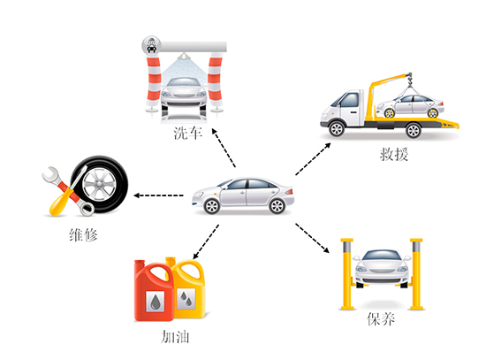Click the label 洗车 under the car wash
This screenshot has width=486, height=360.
188,133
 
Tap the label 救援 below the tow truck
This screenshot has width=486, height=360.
393,154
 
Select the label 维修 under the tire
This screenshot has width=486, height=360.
83,235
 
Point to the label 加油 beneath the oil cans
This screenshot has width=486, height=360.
175,337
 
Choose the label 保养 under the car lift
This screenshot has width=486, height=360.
381,318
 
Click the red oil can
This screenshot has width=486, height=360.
153,291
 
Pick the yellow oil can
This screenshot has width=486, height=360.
190,287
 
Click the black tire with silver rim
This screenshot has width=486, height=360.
100,184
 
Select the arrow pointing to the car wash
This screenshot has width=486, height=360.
224,148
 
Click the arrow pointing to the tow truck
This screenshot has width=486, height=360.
313,159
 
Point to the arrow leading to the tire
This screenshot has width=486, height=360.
158,195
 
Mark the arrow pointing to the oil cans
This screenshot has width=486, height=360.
206,241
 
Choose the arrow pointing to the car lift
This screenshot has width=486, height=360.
312,238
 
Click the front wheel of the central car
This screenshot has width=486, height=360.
212,206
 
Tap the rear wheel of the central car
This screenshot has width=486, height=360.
277,206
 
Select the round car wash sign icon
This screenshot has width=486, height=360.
152,46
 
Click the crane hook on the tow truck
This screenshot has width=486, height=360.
410,80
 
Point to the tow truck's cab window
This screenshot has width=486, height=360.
349,99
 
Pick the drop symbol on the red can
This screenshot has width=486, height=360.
156,302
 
